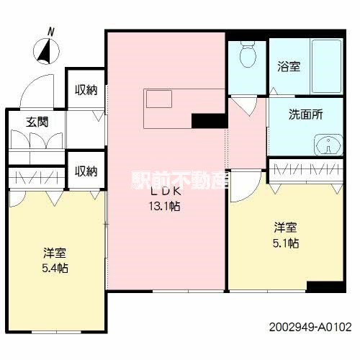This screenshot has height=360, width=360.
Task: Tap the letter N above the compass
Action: click(x=50, y=31)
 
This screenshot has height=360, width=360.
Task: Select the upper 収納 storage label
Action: click(x=86, y=90)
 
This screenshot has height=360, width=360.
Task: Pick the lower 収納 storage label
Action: click(x=86, y=171)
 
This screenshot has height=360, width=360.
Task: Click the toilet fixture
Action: click(x=247, y=55)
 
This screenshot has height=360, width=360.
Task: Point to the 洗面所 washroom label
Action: click(x=305, y=114)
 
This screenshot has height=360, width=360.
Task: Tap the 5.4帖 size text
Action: click(x=54, y=269)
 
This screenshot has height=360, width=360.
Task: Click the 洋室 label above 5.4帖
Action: click(x=54, y=254)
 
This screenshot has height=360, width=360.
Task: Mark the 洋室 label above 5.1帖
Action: click(x=285, y=228)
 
